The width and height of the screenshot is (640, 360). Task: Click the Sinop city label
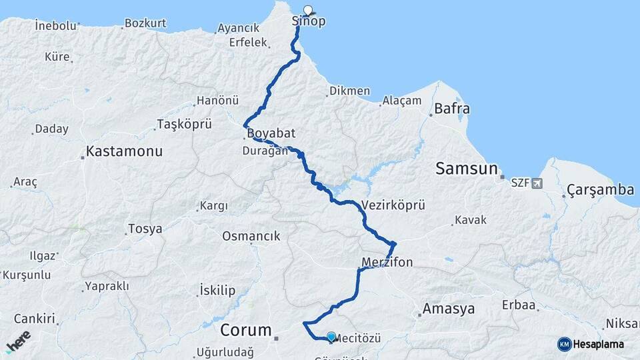[x=309, y=21]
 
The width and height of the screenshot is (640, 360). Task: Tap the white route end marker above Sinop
[x=308, y=10]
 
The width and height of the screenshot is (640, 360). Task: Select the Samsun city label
[x=467, y=169]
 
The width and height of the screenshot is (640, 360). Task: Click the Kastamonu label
[x=125, y=151]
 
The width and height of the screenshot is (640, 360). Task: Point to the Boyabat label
[x=271, y=133]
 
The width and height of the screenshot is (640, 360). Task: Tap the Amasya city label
[x=449, y=309]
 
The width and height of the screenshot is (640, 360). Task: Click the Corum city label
[x=246, y=330]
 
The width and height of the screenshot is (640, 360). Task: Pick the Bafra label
[x=452, y=109]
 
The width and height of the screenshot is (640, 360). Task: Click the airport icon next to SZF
[x=537, y=183]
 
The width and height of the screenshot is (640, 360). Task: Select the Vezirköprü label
[x=393, y=205]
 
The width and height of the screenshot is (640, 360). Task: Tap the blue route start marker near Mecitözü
[x=331, y=337]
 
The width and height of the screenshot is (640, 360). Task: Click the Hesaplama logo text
[x=599, y=344]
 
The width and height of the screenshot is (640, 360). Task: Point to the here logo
[x=18, y=341]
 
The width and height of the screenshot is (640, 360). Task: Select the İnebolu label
[x=57, y=25]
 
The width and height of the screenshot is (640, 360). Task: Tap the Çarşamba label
[x=600, y=190]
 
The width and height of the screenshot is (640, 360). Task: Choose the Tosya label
[x=145, y=229]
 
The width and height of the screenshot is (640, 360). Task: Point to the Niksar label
[x=623, y=324]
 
